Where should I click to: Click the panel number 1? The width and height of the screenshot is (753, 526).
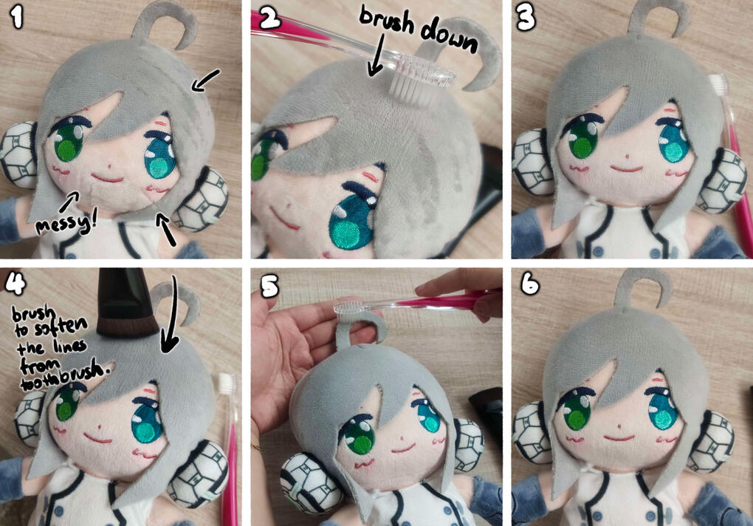tap(17, 18)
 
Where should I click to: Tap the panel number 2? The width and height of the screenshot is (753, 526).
tap(270, 19)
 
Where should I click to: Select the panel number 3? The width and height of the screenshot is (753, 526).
tap(526, 18)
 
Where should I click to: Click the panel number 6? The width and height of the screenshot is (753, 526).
tap(530, 284)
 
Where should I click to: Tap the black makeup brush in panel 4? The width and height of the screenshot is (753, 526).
tap(125, 303)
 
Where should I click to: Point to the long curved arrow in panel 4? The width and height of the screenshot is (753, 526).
tap(171, 317)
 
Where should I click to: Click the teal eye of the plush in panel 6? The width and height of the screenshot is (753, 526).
tap(664, 412)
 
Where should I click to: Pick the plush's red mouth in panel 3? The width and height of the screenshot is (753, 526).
tap(626, 169)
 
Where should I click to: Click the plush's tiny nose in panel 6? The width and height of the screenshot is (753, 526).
tap(619, 426)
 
